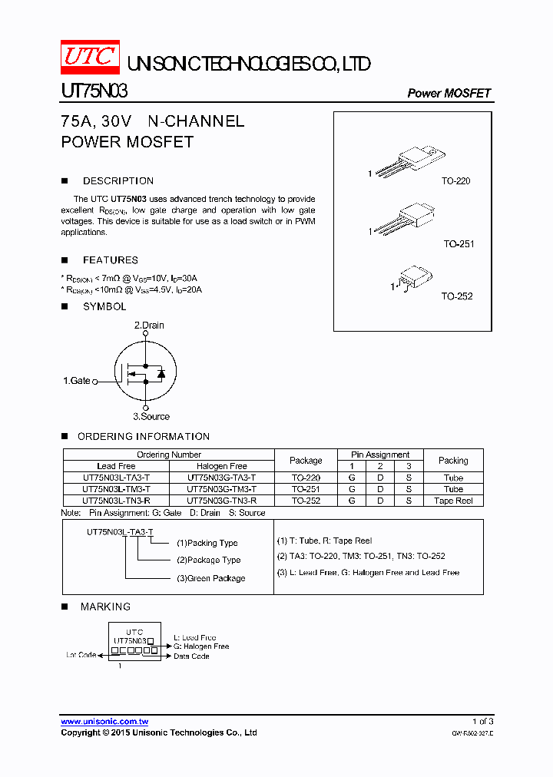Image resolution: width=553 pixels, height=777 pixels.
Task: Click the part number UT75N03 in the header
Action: (x=94, y=92)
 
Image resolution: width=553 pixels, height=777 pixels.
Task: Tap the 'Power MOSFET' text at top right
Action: (x=449, y=93)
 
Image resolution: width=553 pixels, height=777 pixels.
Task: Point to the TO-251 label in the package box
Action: (x=459, y=244)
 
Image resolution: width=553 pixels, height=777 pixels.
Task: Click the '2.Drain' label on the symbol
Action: (x=149, y=326)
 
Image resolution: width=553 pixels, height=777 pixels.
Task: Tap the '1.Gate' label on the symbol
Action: (x=77, y=381)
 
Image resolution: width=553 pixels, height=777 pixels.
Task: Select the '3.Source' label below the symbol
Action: (x=151, y=416)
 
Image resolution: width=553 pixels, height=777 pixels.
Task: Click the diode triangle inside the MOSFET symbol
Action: (x=161, y=373)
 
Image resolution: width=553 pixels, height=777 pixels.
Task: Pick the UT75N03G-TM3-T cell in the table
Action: (x=222, y=489)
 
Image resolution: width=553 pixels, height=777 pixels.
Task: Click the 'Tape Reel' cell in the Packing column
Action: (x=453, y=501)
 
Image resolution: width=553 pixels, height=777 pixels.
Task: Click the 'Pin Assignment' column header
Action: (x=380, y=455)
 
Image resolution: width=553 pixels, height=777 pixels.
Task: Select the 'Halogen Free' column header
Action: (x=222, y=466)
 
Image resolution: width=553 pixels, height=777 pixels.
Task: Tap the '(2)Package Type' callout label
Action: (x=208, y=560)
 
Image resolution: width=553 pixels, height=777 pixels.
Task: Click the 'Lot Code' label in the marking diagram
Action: (x=81, y=655)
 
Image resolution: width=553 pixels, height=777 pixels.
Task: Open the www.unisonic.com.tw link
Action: (x=104, y=722)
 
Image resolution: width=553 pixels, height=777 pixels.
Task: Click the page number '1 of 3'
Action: (x=482, y=722)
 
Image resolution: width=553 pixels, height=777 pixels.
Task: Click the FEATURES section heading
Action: (x=111, y=260)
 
